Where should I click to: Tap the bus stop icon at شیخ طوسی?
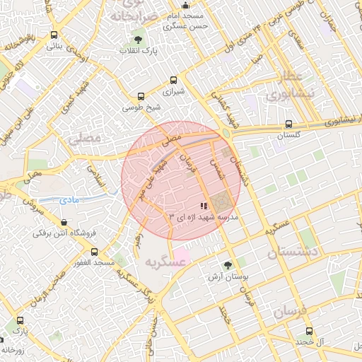141,96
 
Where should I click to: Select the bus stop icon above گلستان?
288,123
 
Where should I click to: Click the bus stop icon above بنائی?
54,34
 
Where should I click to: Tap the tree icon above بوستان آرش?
227,265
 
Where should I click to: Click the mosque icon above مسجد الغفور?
94,252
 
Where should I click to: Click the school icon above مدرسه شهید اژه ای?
204,206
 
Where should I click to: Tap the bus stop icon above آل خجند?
309,331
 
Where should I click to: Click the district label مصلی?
86,138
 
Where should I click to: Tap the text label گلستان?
288,134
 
